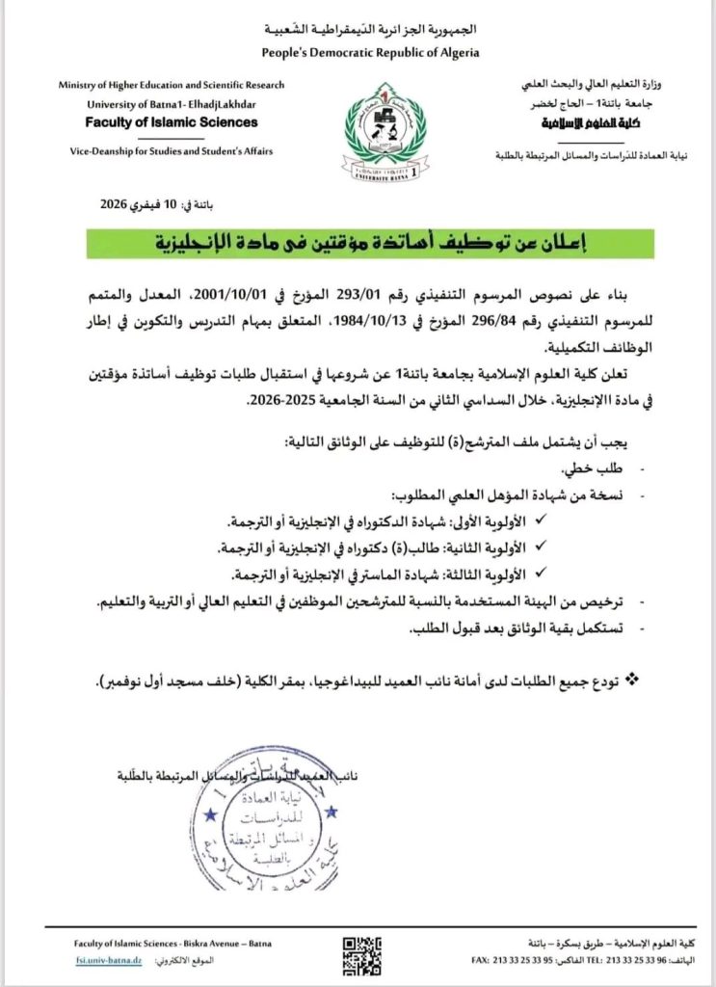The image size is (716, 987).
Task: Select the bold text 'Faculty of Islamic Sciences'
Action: tap(172, 122)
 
